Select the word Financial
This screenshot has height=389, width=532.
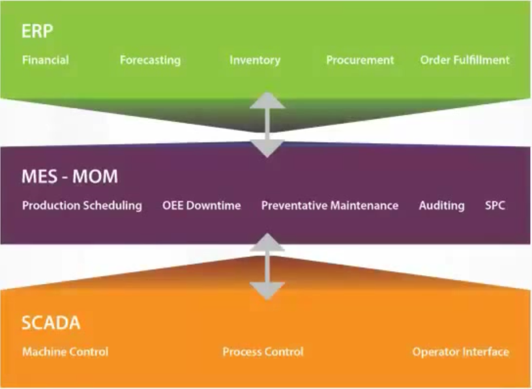coord(46,60)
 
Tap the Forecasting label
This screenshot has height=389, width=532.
coord(150,60)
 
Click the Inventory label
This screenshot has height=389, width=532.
coord(255,60)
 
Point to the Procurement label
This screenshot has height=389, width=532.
coord(360,60)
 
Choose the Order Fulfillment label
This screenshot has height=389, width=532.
coord(465,60)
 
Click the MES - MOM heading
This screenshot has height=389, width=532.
coord(70,177)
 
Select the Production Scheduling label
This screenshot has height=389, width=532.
coord(82,206)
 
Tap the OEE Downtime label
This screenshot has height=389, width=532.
coord(201,206)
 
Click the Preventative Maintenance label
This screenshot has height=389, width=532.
coord(330,206)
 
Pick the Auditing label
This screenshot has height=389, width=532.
coord(441,206)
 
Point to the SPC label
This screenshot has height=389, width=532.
coord(495,206)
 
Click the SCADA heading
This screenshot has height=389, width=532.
coord(51,323)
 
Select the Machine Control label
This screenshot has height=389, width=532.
coord(65,352)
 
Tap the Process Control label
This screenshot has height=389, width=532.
coord(263,352)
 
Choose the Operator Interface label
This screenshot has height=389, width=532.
coord(460,352)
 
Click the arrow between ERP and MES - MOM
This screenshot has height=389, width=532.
coord(267,124)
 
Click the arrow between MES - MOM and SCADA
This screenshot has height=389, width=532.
coord(267,266)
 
